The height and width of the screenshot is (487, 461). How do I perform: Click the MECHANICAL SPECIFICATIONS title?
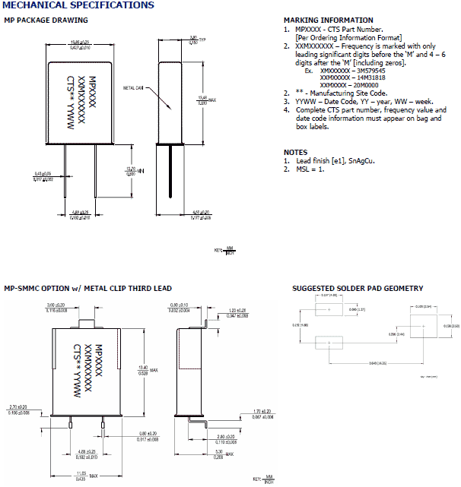(78, 5)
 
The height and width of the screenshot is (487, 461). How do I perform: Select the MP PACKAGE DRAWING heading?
(41, 20)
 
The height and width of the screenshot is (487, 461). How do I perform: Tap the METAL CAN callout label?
(133, 88)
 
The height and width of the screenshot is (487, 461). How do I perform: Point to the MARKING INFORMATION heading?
(317, 21)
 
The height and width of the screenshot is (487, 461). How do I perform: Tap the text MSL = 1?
(309, 169)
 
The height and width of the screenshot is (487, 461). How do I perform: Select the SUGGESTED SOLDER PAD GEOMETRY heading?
(358, 289)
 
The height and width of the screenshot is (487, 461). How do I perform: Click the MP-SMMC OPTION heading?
(87, 289)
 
